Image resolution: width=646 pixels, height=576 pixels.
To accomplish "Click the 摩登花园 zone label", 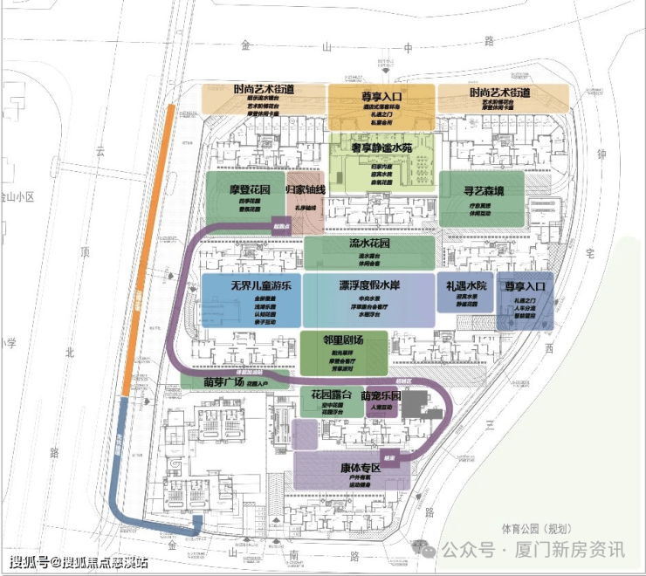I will coord(239,189).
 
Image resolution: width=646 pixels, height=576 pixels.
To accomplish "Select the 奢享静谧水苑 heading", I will coord(381,148).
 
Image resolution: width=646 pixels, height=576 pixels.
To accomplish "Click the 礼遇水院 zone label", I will coord(465,285).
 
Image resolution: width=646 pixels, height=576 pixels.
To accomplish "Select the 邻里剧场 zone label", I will coord(343,339).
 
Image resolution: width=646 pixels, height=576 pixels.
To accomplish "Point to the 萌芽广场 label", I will coord(223,381).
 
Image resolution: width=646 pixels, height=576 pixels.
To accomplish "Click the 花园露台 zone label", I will coord(331,395).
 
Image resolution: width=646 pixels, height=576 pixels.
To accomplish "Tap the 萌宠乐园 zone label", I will coord(385,395).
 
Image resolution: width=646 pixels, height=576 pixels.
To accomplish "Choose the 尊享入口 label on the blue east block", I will coord(525,285).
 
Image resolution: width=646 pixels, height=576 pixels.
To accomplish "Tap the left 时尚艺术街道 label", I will coord(264,91).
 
